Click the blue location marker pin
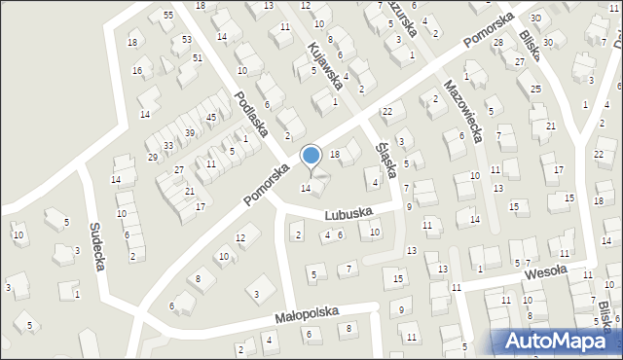click(311, 157)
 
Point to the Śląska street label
click(385, 153)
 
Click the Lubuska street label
click(351, 212)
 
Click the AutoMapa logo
click(556, 342)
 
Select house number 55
click(168, 16)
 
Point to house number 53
click(186, 40)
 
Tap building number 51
click(197, 58)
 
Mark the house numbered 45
click(210, 117)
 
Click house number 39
click(190, 132)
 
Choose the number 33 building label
click(168, 145)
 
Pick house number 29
click(152, 157)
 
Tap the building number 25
click(535, 89)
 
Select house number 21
click(551, 126)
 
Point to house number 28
click(497, 43)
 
